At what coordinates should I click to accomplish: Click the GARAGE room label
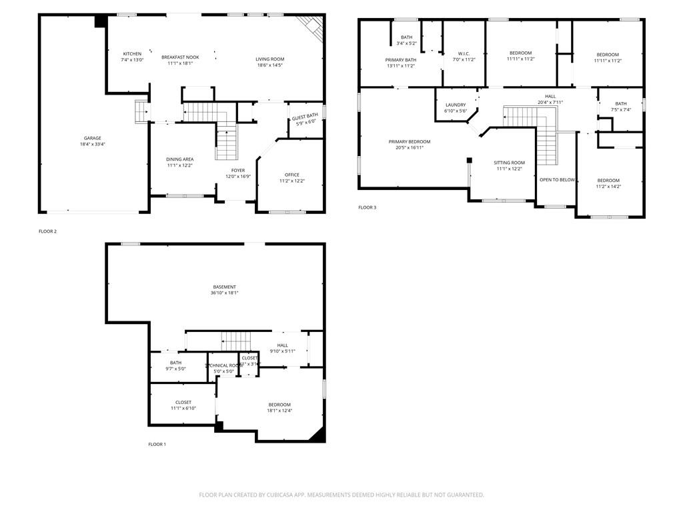93,138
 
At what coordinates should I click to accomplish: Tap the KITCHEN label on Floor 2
132,54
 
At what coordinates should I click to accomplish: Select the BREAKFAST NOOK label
180,57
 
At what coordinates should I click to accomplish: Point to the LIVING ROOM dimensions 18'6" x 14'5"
270,65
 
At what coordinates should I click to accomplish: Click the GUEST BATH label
305,117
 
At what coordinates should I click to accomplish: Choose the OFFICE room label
292,175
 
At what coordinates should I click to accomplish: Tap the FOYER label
238,170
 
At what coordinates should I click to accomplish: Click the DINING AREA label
180,159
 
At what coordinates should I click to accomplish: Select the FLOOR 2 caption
47,231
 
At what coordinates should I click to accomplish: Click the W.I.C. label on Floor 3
464,53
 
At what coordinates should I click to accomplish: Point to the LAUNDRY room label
456,105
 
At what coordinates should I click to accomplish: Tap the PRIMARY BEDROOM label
410,141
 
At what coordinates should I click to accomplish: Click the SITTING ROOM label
509,163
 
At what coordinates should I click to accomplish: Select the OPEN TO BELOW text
557,180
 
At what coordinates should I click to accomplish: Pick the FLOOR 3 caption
367,207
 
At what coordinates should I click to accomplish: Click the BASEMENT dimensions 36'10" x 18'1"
225,293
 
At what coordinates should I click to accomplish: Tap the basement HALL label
283,345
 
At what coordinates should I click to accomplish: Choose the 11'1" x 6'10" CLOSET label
183,402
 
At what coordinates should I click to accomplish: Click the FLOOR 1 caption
157,444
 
